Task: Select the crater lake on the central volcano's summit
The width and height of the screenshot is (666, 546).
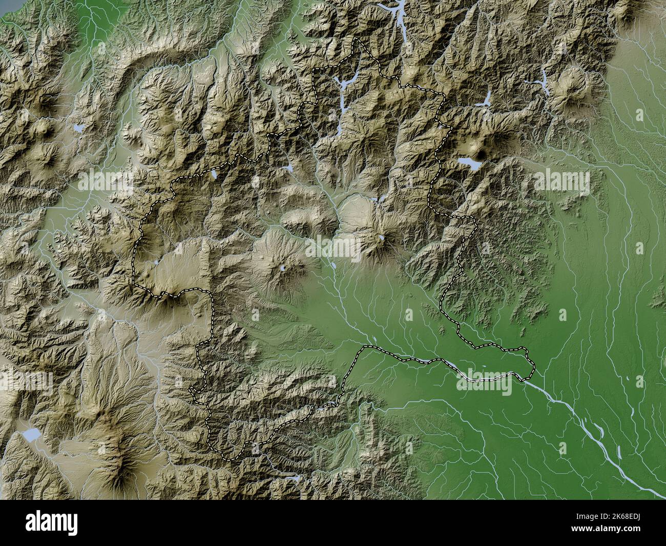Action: [283, 268]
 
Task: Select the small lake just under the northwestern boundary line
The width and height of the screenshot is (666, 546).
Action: [213, 175]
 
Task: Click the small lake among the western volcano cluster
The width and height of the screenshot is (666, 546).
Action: [79, 128]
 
